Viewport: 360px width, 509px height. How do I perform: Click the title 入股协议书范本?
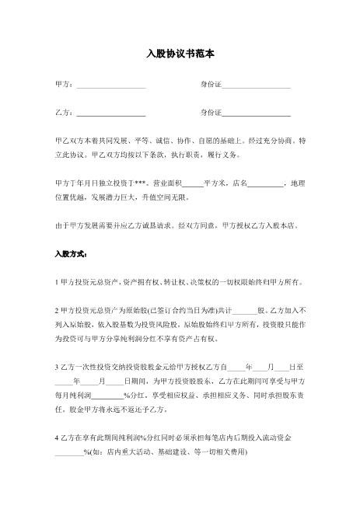pos(180,55)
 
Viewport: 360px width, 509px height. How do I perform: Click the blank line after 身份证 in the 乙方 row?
pos(256,113)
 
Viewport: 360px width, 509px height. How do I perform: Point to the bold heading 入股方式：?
pos(71,254)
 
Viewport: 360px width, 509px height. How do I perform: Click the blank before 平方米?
pos(192,183)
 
